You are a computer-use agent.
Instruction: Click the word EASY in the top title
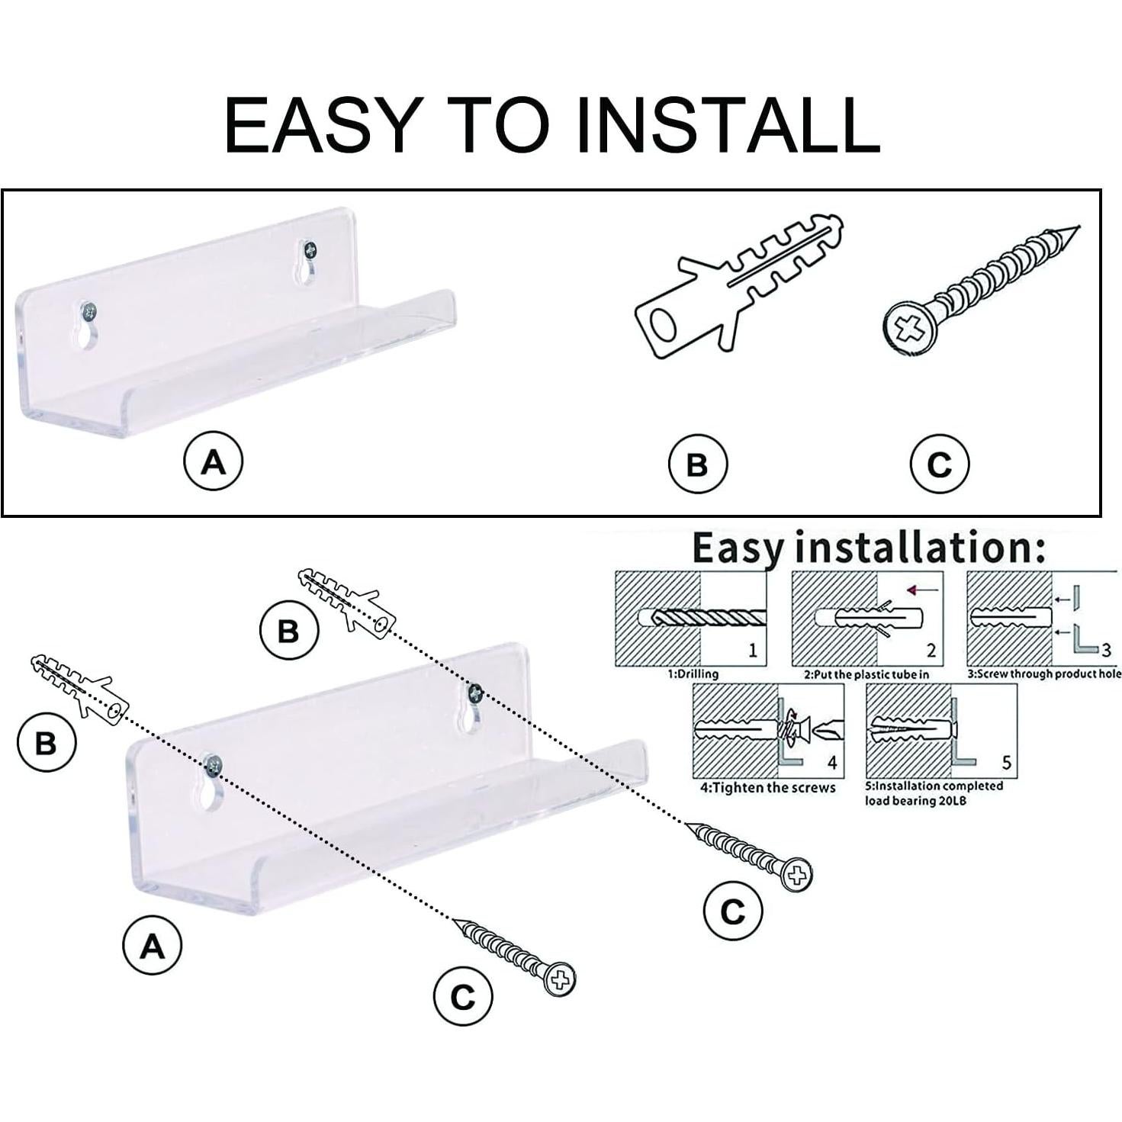323,125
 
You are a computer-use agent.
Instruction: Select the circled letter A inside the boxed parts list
213,461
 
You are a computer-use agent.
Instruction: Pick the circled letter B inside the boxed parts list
698,464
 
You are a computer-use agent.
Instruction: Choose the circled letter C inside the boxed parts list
939,464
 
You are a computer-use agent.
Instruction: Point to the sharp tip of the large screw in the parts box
1079,227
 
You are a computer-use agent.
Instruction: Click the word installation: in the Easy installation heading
921,549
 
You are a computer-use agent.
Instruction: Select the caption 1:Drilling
693,674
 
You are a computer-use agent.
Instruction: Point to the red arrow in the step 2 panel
923,590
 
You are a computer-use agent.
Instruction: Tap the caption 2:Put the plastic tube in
866,675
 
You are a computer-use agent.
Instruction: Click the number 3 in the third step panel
1106,649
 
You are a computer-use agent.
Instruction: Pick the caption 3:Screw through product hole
1044,674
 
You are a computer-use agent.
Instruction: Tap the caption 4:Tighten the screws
767,789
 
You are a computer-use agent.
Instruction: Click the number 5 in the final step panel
1007,762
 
